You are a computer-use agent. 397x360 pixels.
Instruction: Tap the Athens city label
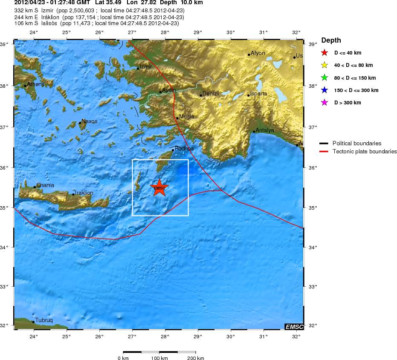point(35,84)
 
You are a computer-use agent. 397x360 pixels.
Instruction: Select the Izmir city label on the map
point(146,67)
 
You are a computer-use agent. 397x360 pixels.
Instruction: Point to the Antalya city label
point(265,130)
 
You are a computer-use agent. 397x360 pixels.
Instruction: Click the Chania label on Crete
point(45,185)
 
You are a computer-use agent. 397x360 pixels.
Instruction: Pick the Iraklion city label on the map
point(84,193)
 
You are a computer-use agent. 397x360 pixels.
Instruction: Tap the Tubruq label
point(44,320)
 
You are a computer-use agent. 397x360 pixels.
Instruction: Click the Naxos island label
point(90,121)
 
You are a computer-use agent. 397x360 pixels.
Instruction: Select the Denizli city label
point(211,93)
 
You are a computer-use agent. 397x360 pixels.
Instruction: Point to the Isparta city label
point(258,93)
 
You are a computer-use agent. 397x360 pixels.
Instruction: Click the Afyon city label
point(258,53)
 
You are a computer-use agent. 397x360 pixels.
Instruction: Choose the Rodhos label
point(184,149)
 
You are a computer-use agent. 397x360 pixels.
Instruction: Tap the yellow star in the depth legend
point(325,66)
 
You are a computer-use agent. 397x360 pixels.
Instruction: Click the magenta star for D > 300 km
point(325,103)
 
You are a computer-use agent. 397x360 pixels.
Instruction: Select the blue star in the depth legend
point(325,90)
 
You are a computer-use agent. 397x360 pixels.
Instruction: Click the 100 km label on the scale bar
point(159,358)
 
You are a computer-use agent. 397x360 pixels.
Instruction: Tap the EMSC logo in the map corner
point(294,326)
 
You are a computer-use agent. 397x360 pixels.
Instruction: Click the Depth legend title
point(331,40)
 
